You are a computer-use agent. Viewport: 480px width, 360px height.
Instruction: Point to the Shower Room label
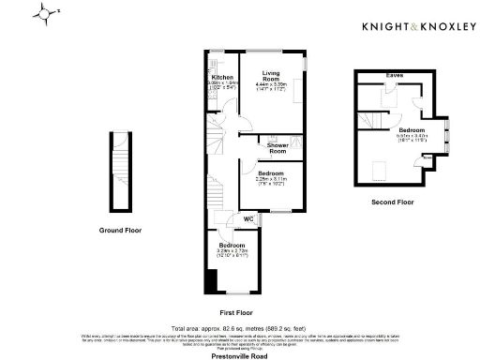click(277, 147)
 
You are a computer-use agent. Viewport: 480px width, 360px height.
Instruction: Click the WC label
click(249, 218)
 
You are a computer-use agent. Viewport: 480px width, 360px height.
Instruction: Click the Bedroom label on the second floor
click(412, 129)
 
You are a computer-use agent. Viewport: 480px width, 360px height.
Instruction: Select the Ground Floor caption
click(121, 230)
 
